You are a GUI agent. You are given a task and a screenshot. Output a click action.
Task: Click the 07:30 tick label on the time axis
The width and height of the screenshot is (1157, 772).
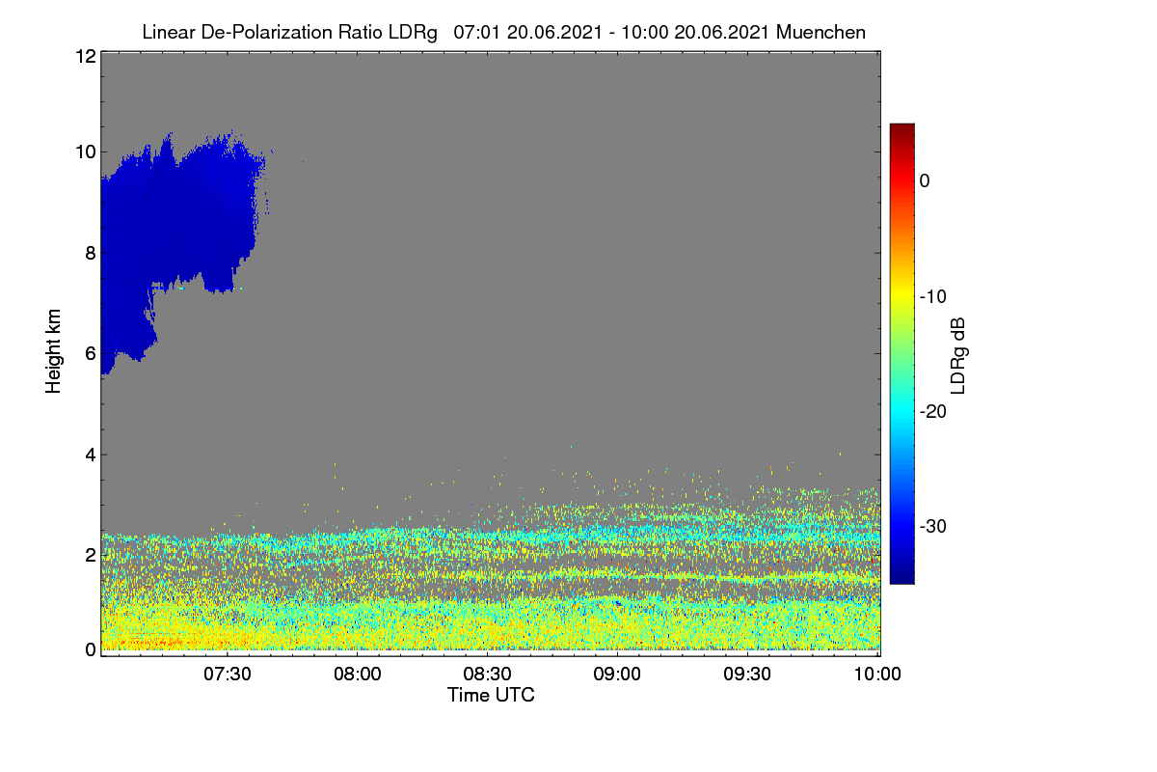(228, 675)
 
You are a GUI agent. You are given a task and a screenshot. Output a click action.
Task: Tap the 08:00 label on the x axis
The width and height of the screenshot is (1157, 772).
(358, 675)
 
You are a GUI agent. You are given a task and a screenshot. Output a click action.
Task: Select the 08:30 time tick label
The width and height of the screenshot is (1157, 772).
(487, 675)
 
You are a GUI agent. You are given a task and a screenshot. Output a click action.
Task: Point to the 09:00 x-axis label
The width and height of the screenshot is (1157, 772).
(617, 675)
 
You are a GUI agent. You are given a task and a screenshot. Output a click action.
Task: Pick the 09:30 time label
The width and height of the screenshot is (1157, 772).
(747, 675)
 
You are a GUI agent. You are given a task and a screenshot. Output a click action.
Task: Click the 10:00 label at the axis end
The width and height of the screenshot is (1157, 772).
(877, 675)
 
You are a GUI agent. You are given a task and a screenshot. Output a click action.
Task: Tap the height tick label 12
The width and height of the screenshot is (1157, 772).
(86, 56)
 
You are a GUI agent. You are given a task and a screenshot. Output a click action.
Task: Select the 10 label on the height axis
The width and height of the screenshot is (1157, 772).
(86, 152)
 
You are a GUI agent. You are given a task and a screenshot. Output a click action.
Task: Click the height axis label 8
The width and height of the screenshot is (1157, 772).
(91, 254)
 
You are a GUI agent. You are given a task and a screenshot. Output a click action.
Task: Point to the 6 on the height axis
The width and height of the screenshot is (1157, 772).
(91, 354)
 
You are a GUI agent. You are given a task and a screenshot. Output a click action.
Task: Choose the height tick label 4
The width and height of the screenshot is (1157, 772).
(91, 455)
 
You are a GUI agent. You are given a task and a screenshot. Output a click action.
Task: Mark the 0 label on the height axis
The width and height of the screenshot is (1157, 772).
(91, 650)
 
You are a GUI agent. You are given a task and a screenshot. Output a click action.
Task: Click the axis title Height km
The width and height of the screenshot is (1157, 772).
(53, 351)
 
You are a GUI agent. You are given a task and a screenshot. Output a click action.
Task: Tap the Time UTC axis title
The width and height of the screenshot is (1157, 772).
(491, 696)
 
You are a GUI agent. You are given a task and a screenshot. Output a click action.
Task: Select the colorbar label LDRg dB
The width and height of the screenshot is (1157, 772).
(958, 356)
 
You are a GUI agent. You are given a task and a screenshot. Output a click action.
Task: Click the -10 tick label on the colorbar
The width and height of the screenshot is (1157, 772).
(933, 297)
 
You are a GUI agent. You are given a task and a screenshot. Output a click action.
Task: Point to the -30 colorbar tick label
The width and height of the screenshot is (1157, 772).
(933, 526)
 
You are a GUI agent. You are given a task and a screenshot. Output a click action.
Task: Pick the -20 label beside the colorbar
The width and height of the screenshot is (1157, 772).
(933, 412)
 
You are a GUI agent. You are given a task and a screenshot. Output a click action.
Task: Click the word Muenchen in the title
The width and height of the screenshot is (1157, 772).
(821, 33)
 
